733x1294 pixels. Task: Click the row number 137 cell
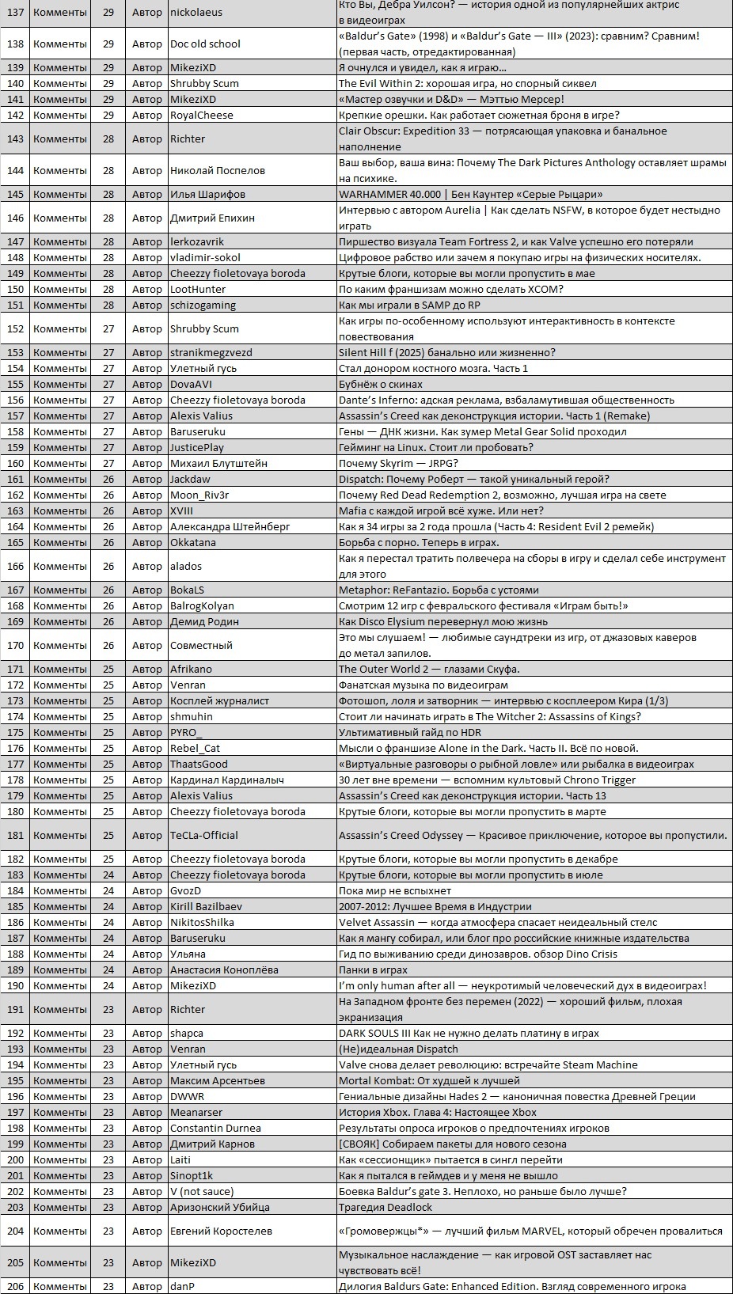pyautogui.click(x=15, y=13)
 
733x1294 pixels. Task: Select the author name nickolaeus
pyautogui.click(x=196, y=13)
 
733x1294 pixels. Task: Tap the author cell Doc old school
pyautogui.click(x=205, y=44)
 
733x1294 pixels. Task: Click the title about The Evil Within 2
pyautogui.click(x=467, y=84)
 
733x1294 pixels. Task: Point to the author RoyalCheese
pyautogui.click(x=202, y=116)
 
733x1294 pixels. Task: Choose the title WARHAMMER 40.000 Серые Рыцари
pyautogui.click(x=470, y=195)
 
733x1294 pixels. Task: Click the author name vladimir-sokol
pyautogui.click(x=205, y=258)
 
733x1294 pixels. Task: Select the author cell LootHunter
pyautogui.click(x=198, y=290)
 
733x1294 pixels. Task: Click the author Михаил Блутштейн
pyautogui.click(x=218, y=464)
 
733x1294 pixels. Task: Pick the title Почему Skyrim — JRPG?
pyautogui.click(x=398, y=464)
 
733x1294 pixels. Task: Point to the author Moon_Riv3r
pyautogui.click(x=199, y=495)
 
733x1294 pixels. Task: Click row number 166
pyautogui.click(x=15, y=567)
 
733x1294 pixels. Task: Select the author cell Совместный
pyautogui.click(x=201, y=646)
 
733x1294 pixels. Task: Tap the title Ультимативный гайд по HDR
pyautogui.click(x=409, y=733)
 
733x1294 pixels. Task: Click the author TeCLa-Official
pyautogui.click(x=203, y=836)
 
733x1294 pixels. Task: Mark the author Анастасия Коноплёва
pyautogui.click(x=224, y=970)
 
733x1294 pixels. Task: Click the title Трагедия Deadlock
pyautogui.click(x=385, y=1208)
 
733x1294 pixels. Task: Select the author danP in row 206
pyautogui.click(x=182, y=1287)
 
